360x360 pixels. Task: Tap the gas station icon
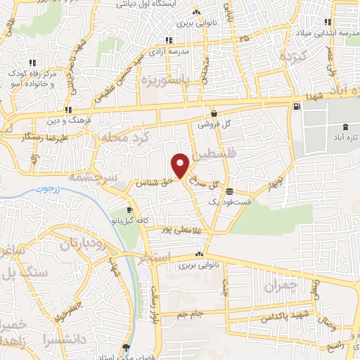tap(297, 107)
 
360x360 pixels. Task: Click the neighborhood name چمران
tap(281, 286)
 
